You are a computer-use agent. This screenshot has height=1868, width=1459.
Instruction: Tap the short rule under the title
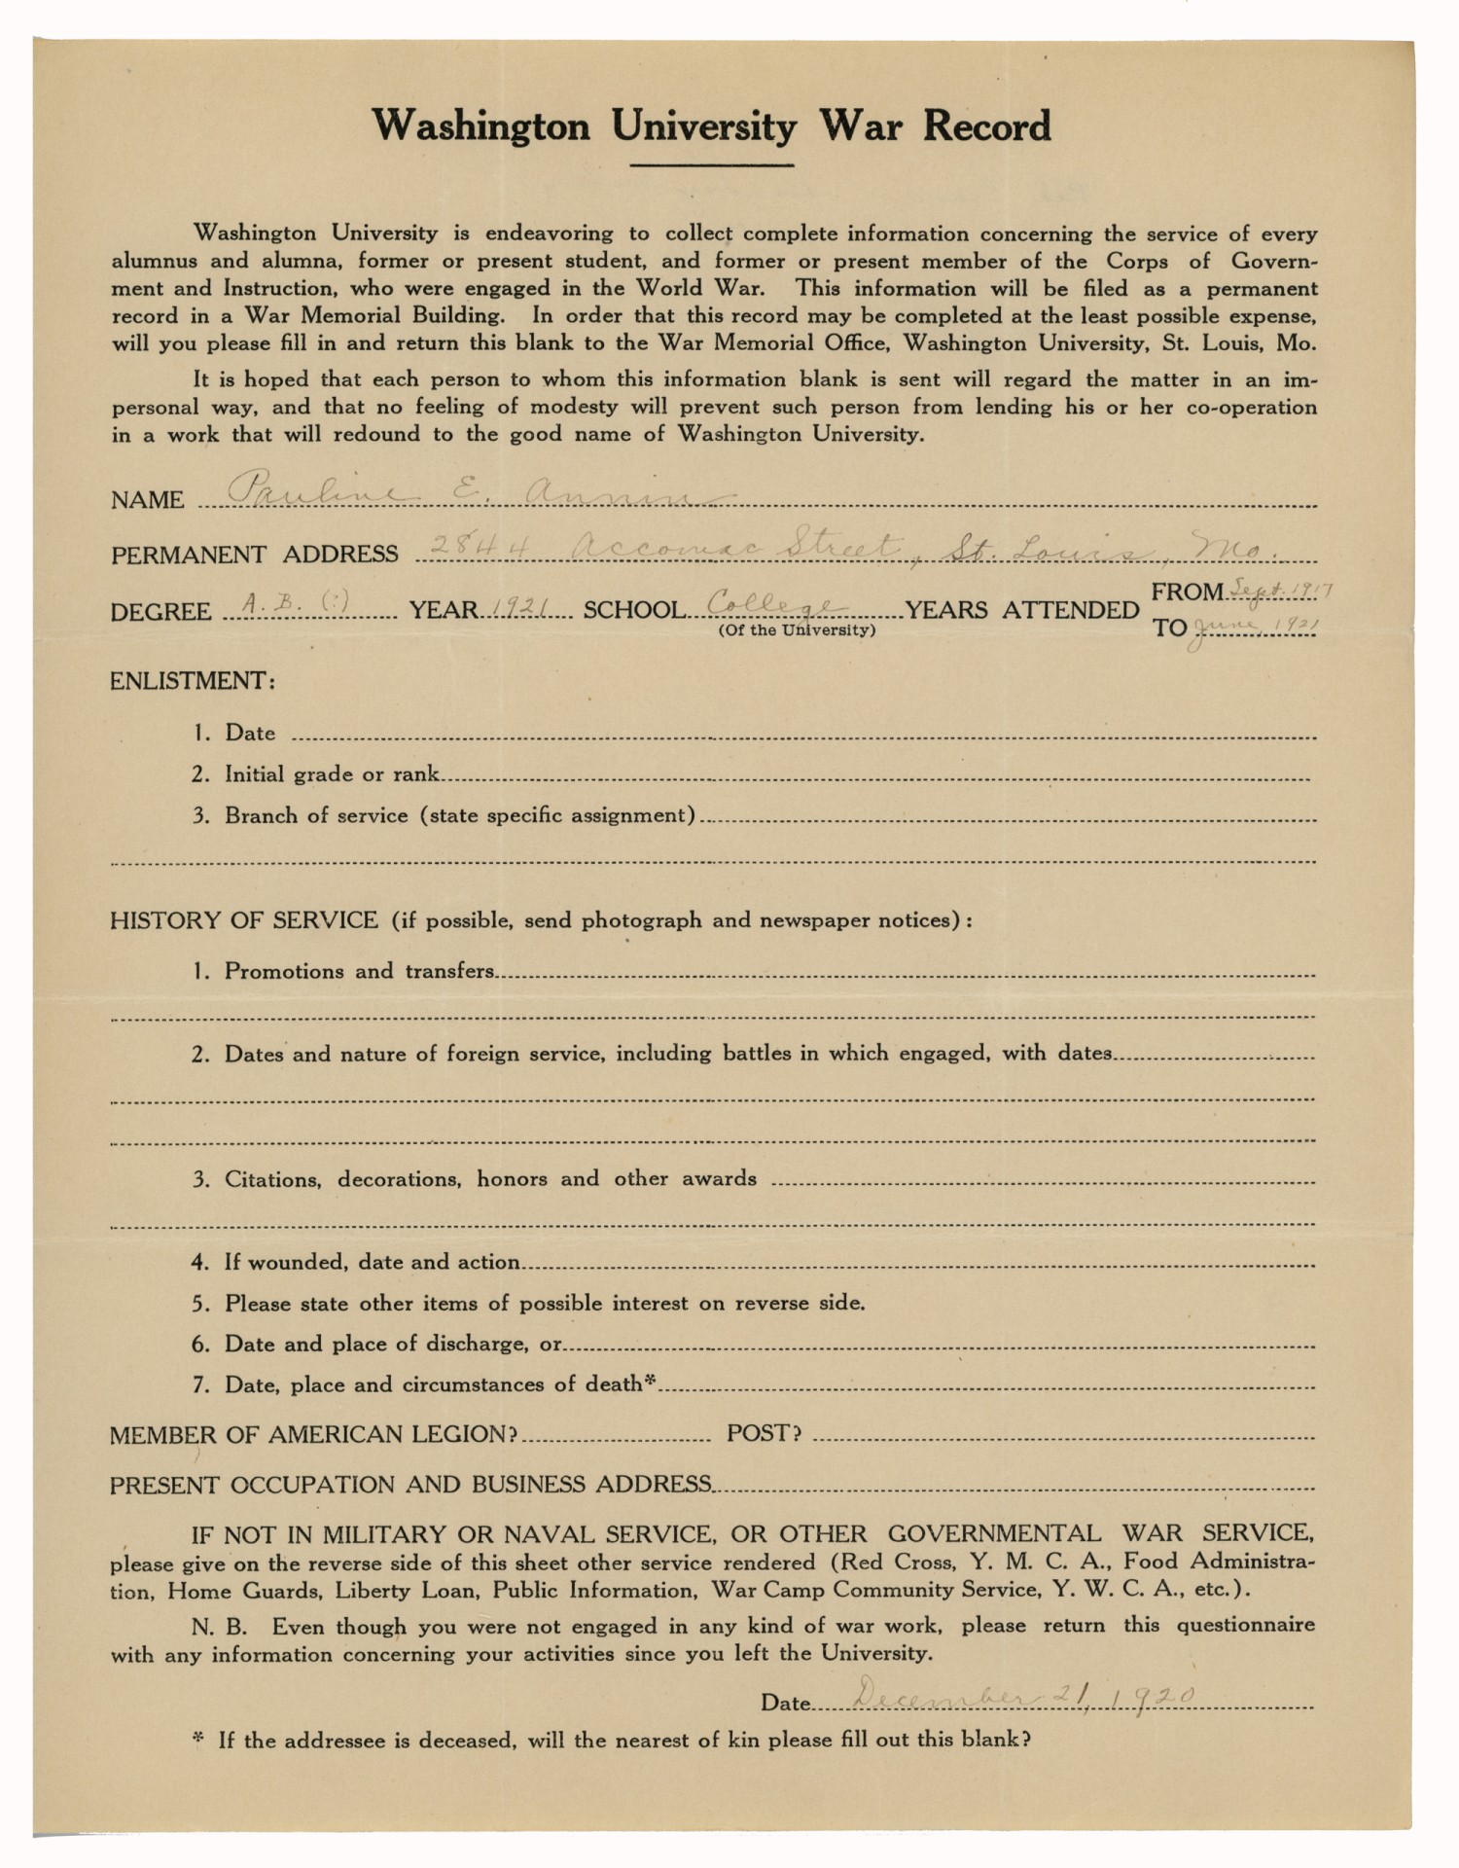[x=711, y=165]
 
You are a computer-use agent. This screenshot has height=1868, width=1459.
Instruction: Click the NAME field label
[x=147, y=500]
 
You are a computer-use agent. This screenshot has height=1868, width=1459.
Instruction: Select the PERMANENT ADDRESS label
[x=254, y=555]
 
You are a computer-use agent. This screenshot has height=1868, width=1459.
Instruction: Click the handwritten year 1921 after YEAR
[x=516, y=608]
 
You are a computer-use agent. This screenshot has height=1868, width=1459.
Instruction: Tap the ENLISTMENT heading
[x=192, y=680]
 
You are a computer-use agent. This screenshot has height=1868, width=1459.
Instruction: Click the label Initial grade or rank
[x=332, y=774]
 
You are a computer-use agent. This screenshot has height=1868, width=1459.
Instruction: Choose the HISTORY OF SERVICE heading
[x=243, y=920]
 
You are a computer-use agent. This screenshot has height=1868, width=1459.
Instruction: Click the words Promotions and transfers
[x=359, y=971]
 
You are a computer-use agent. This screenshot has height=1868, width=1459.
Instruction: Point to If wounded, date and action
[x=373, y=1262]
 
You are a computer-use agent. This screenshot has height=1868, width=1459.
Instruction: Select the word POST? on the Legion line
[x=764, y=1433]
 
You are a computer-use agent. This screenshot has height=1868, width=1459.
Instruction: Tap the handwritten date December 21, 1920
[x=1021, y=1696]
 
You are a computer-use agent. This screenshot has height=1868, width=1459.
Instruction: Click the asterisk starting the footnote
[x=197, y=1738]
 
